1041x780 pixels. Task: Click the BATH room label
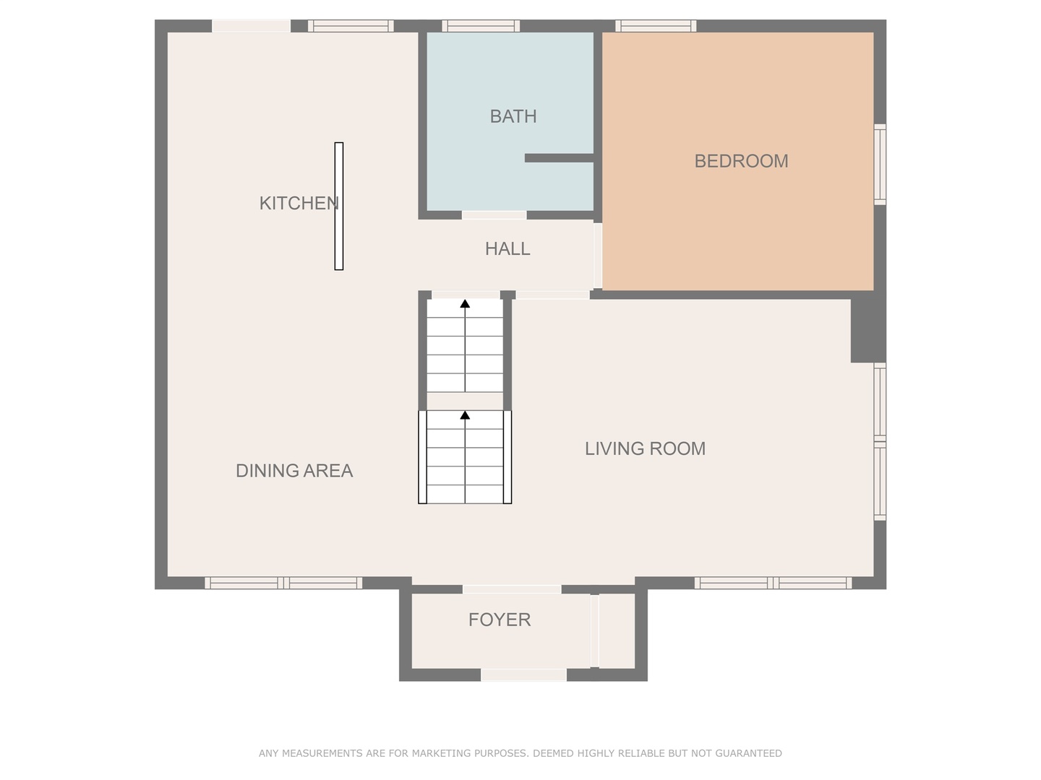[513, 116]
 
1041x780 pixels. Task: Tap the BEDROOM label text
[741, 162]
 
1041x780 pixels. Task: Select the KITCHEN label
[299, 203]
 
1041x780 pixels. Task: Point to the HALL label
[507, 249]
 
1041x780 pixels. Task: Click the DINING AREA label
[294, 471]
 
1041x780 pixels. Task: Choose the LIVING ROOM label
[645, 448]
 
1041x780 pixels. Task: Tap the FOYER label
[500, 620]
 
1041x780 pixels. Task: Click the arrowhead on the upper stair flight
[465, 303]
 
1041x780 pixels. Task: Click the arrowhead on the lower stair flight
[465, 415]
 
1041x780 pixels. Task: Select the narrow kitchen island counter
[338, 207]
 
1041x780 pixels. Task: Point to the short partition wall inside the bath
[559, 158]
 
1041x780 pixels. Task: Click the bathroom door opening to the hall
[494, 215]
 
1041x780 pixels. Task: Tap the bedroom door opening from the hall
[598, 256]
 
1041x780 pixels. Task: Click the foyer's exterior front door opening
[524, 675]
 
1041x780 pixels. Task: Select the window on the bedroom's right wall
[880, 165]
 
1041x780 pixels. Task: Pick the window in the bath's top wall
[481, 26]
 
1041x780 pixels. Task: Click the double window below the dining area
[283, 583]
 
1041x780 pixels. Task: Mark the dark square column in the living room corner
[868, 331]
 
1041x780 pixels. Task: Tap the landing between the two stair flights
[465, 401]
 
